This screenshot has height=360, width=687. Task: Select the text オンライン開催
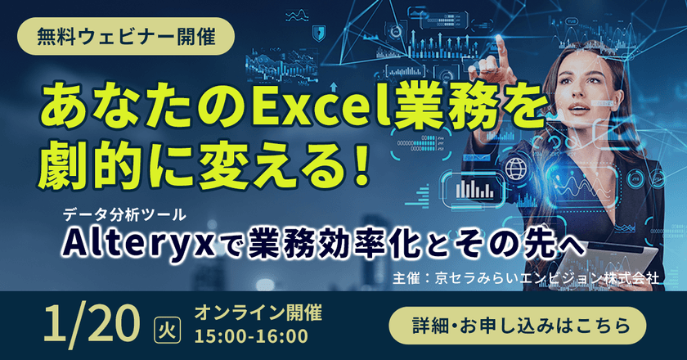[x=258, y=311]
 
